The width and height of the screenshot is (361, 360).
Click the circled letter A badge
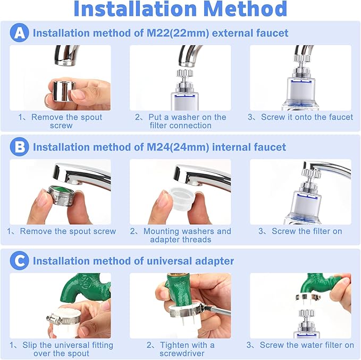coord(19,33)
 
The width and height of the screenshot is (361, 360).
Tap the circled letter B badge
coord(19,147)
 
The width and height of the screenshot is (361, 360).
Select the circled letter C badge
coord(19,261)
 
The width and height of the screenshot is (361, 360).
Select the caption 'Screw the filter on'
coord(301,231)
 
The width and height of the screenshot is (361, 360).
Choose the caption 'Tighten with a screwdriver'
coord(181,349)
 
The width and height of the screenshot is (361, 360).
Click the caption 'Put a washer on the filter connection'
coord(181,121)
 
